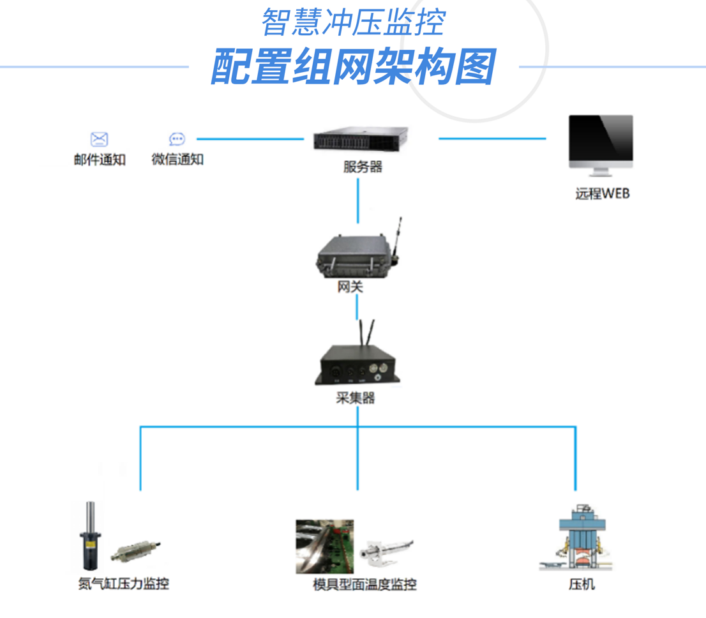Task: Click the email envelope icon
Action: pos(99,139)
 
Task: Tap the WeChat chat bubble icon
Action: pos(177,139)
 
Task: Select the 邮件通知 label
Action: pos(100,160)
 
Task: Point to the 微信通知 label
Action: pos(177,160)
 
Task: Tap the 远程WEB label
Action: pos(602,193)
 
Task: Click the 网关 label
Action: pos(350,287)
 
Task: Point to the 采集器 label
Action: pos(355,398)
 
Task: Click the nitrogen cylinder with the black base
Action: pos(91,538)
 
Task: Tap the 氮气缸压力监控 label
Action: pos(123,584)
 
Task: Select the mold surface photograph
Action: pos(324,546)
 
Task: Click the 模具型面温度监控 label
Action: pos(364,584)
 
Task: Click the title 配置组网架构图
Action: pos(353,67)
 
